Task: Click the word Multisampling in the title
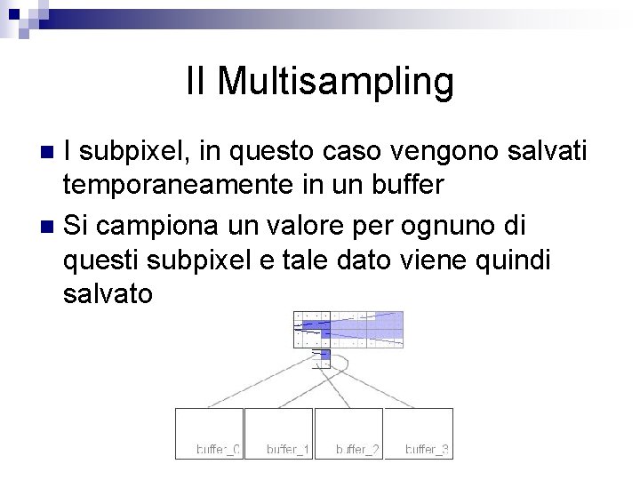[x=335, y=82]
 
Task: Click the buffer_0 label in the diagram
[x=218, y=450]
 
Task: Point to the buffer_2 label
[x=357, y=450]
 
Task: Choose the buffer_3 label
[x=428, y=450]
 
